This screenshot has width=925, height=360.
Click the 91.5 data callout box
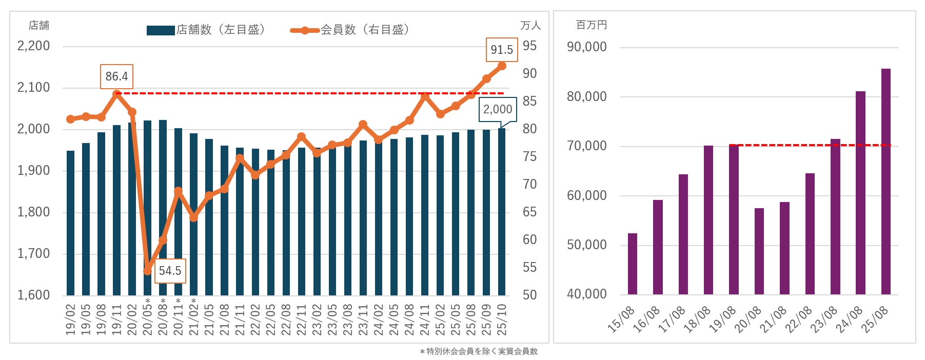pos(501,50)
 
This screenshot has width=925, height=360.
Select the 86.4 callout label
pos(116,76)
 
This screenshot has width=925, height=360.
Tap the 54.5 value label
pos(170,271)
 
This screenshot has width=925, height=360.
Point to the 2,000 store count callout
pos(497,109)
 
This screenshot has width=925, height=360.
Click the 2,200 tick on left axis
pos(34,46)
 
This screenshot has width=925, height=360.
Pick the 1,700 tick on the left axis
pos(34,253)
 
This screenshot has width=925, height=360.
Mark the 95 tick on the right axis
pos(529,46)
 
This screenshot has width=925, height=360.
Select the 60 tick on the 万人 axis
pos(529,239)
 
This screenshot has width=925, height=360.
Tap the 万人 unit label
pos(530,25)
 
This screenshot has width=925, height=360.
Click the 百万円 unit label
pos(591,25)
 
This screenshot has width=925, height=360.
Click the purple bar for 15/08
pos(633,264)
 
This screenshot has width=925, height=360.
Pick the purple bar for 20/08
pos(759,251)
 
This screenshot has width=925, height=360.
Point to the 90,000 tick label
pos(586,47)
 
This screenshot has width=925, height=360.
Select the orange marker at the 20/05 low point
pos(148,270)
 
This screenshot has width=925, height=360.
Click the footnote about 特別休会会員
pos(478,351)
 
